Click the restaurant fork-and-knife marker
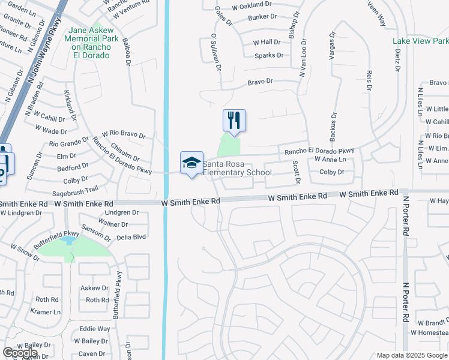[x=234, y=120]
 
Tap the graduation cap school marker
[x=191, y=163]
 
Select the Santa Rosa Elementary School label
[x=237, y=169]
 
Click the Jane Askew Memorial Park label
[x=90, y=43]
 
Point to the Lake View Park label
[x=420, y=41]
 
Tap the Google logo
[x=20, y=353]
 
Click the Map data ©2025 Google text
[x=412, y=355]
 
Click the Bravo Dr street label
[x=260, y=81]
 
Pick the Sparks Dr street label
[x=268, y=55]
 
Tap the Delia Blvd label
[x=131, y=237]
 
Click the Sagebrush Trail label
[x=75, y=189]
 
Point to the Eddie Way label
[x=95, y=329]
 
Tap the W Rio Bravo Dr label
[x=124, y=136]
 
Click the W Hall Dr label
[x=267, y=42]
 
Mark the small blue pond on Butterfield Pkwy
[x=68, y=241]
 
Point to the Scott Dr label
[x=296, y=172]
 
